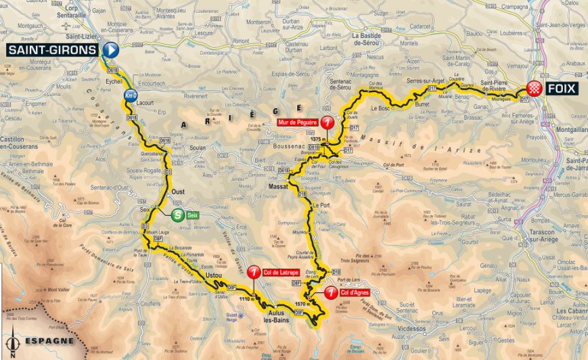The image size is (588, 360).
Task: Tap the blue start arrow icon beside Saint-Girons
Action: click(111, 50)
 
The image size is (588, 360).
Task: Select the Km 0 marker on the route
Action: click(130, 97)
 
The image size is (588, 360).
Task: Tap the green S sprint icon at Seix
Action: click(177, 216)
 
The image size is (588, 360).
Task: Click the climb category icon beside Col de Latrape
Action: click(254, 272)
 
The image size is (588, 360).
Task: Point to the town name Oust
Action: click(178, 192)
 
